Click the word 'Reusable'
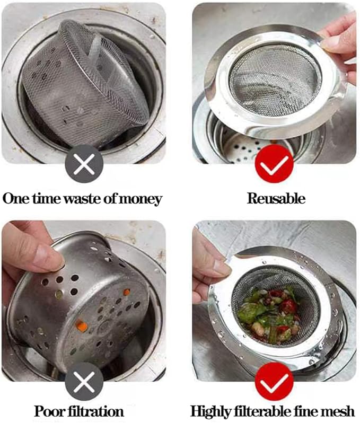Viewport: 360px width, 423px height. click(x=276, y=199)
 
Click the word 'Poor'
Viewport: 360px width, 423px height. click(x=49, y=411)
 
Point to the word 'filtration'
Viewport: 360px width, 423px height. click(x=95, y=411)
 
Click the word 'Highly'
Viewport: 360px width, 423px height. click(x=211, y=412)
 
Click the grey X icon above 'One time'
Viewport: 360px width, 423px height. click(x=84, y=164)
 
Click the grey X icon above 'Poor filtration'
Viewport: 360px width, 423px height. click(x=84, y=382)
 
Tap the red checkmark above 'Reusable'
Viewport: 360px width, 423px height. click(x=274, y=164)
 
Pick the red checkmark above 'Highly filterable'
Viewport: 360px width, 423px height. click(x=274, y=382)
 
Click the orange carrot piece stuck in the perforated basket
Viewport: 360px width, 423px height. click(x=82, y=326)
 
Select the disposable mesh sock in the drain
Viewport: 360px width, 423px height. click(x=85, y=86)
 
